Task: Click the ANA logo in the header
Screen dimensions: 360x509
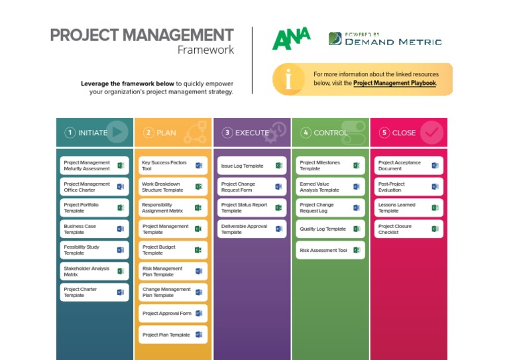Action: [291, 38]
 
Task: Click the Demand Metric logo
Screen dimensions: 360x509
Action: [384, 39]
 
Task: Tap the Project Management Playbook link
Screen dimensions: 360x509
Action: [394, 84]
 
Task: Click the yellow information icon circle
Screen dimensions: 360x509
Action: [288, 80]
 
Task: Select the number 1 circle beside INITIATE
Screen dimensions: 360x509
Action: [70, 133]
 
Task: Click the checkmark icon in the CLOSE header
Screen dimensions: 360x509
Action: [431, 133]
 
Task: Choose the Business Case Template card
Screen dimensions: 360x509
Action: [94, 229]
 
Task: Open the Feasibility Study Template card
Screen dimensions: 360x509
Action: [94, 250]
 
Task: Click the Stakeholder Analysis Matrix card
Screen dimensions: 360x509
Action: [94, 271]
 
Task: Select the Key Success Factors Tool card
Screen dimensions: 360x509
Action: [172, 166]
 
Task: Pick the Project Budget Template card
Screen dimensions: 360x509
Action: [172, 250]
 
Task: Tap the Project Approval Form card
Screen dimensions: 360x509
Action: [172, 314]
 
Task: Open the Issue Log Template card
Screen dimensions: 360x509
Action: [251, 166]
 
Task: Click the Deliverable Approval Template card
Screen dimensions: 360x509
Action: [251, 229]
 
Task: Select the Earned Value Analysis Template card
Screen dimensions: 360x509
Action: [329, 187]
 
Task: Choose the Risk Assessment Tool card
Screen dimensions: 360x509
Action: [329, 251]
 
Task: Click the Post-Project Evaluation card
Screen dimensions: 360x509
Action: [408, 187]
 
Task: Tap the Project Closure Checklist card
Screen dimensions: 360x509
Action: [408, 229]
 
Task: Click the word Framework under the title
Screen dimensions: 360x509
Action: [205, 50]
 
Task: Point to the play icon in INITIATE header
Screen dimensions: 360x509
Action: [118, 132]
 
